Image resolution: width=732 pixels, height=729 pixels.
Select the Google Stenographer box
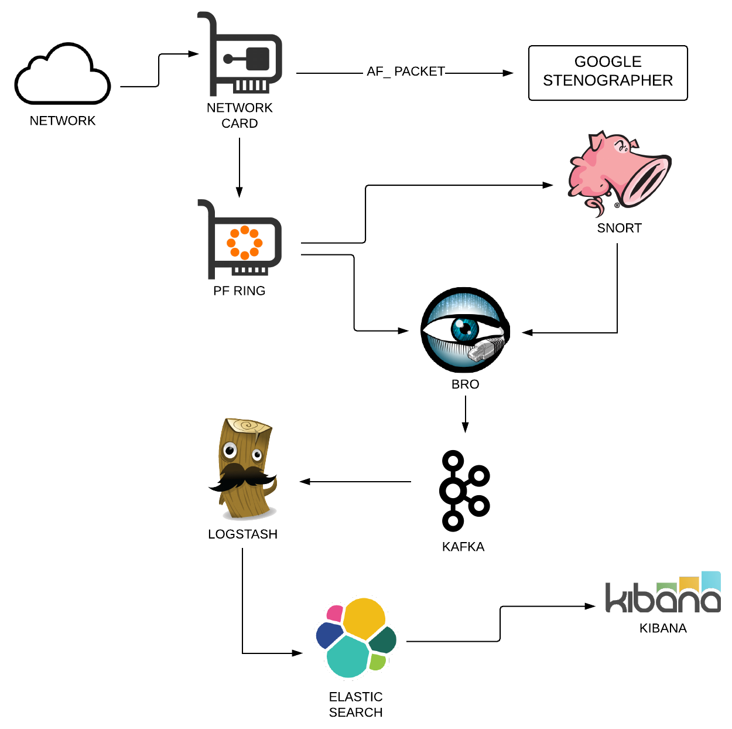coord(607,73)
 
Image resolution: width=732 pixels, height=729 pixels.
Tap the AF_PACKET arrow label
coord(405,71)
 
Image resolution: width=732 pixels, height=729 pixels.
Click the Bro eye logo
coord(465,330)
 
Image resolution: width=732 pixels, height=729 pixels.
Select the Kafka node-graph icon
coord(464,490)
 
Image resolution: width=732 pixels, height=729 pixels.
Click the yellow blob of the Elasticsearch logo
coord(364,619)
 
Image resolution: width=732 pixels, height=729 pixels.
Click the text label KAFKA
coord(463,547)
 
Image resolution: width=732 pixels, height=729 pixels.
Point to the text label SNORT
coord(619,228)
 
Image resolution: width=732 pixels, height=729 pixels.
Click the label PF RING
coord(239,291)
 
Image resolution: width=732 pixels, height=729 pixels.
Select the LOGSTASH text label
coord(243,534)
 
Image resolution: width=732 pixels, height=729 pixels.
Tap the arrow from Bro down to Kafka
coord(465,414)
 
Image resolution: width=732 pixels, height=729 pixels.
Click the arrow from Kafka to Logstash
coord(355,482)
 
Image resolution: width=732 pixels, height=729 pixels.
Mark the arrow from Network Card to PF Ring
coord(240,168)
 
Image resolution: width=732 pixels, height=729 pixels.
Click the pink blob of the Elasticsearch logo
coord(334,614)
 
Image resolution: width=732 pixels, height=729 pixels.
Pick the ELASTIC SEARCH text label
coord(355,704)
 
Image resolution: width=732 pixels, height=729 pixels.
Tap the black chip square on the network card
coord(258,59)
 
